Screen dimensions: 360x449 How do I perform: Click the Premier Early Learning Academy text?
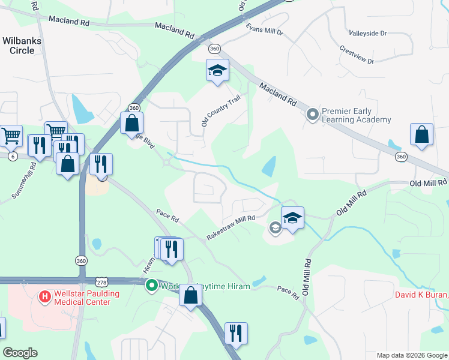357,115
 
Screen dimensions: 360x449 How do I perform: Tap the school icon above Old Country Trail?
217,70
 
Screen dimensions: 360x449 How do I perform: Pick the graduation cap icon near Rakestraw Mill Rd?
292,218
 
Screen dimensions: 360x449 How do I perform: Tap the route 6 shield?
12,156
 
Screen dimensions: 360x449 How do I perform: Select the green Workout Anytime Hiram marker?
152,286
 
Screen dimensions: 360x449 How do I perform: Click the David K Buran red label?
421,295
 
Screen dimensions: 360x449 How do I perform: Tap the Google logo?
20,353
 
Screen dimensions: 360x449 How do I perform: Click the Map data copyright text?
411,355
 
